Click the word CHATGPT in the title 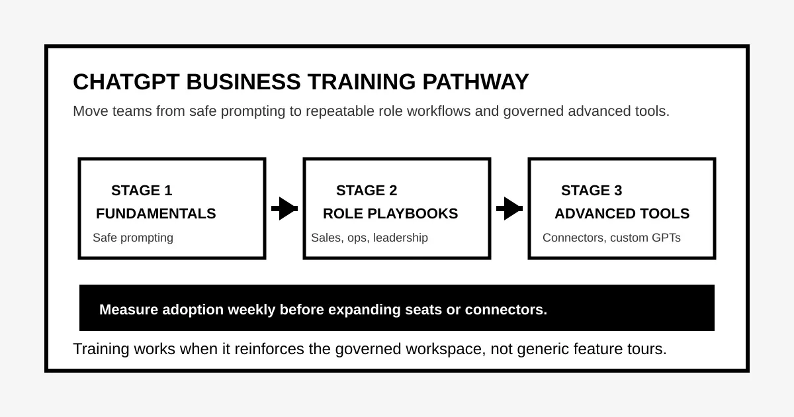[x=126, y=82]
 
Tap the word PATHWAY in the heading [x=475, y=82]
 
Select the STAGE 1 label [x=142, y=191]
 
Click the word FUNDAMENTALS [x=156, y=213]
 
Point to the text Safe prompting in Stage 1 [x=133, y=238]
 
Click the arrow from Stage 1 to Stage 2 [x=285, y=208]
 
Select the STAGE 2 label [x=367, y=191]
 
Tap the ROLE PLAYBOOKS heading [x=390, y=213]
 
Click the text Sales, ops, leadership [x=369, y=238]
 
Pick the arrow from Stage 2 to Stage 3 [x=509, y=208]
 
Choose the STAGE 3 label [x=592, y=191]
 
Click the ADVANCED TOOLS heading [x=622, y=213]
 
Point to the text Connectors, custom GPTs [x=611, y=238]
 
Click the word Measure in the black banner [x=128, y=310]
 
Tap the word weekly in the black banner [x=251, y=310]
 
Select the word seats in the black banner [x=423, y=310]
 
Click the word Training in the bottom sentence [x=101, y=349]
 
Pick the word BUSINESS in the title [x=243, y=82]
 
